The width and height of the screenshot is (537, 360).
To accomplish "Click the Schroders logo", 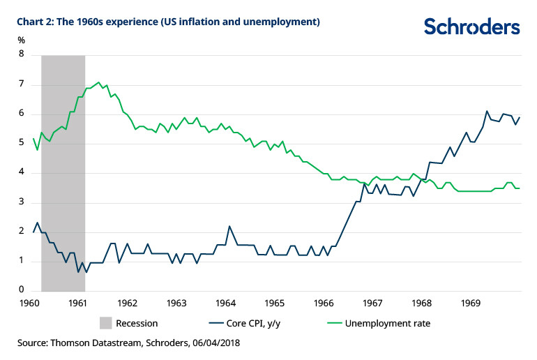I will [471, 27].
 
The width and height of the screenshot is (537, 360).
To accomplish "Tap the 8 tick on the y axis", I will [22, 54].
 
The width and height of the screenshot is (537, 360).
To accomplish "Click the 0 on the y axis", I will [22, 290].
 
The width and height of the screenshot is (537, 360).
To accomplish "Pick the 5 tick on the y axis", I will [22, 143].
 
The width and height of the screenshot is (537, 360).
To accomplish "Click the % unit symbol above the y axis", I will [22, 39].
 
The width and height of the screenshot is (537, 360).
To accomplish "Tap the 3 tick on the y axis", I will [22, 202].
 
